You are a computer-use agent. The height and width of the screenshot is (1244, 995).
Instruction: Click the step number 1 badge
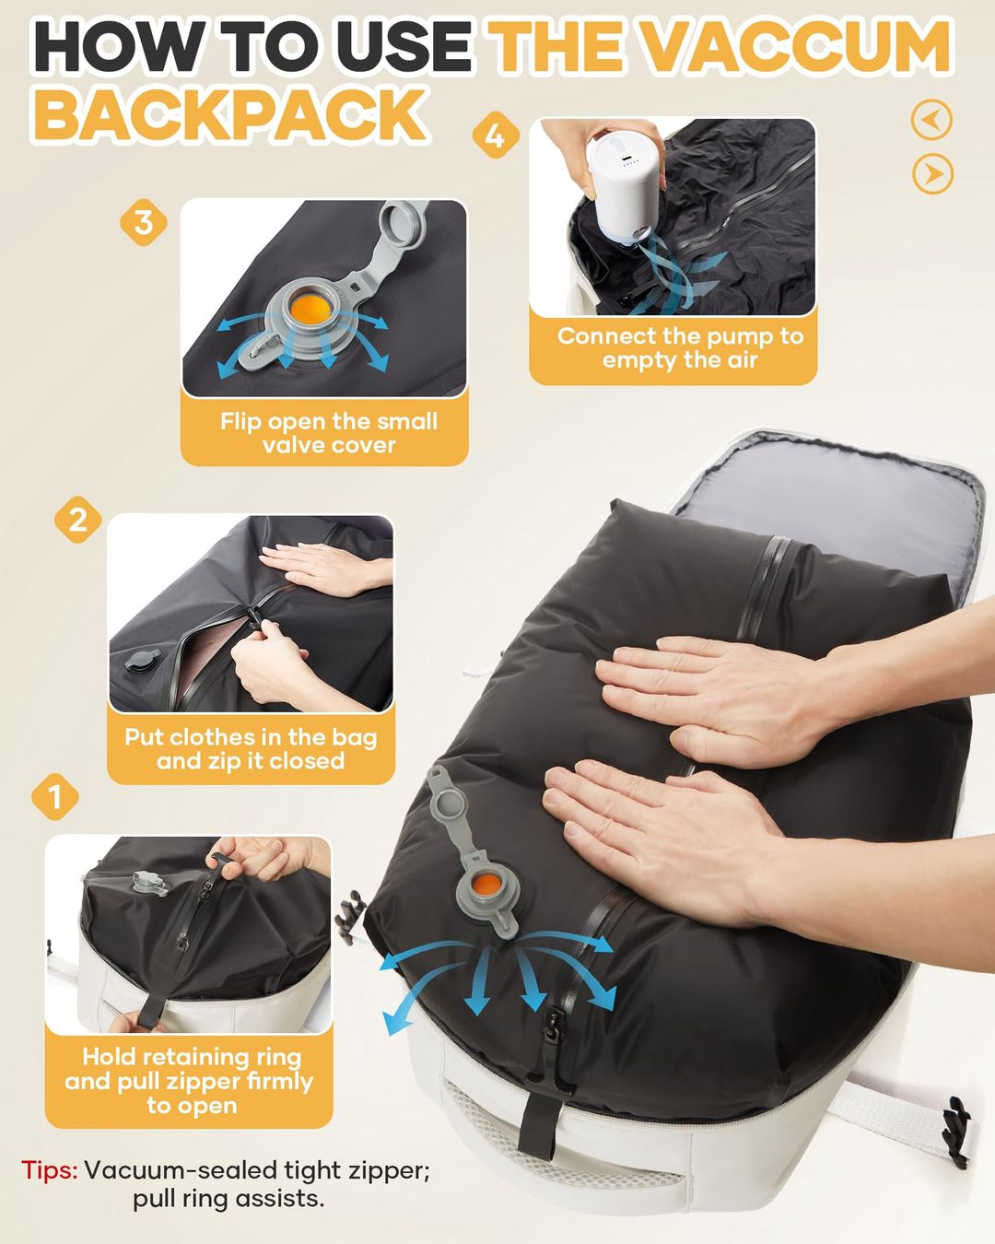[x=55, y=796]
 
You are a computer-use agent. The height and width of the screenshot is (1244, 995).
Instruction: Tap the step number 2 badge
[x=78, y=520]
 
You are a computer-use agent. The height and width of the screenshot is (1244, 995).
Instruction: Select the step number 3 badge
[x=144, y=222]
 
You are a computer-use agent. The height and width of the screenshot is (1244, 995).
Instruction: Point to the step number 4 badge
[x=495, y=135]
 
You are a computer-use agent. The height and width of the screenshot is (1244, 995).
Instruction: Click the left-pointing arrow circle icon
[x=932, y=120]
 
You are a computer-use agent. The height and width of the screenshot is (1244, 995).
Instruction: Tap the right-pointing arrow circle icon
[x=932, y=174]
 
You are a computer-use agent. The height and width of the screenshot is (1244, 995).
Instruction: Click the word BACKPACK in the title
[x=230, y=115]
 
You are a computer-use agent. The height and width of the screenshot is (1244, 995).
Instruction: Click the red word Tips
[x=50, y=1170]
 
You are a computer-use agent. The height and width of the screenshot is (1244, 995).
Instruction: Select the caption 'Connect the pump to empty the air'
[x=680, y=348]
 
